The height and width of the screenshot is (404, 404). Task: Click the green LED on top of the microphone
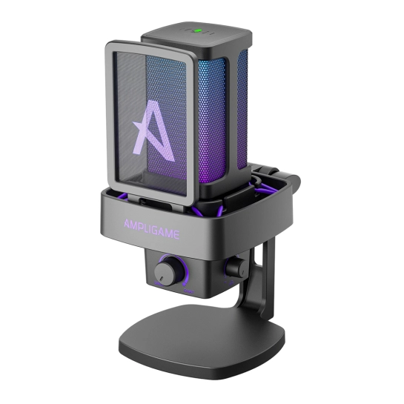coord(198,31)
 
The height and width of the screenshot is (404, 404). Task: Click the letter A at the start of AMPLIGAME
coord(127,224)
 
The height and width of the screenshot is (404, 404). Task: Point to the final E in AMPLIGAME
coord(176,235)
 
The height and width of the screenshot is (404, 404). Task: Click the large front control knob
coord(167,271)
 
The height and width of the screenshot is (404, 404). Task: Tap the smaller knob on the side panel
coord(236,266)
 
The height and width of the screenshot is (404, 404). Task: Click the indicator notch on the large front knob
coord(161,279)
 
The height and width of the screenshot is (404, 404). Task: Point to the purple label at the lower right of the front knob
coord(189,291)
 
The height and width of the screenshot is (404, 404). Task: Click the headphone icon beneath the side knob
coord(231,282)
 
